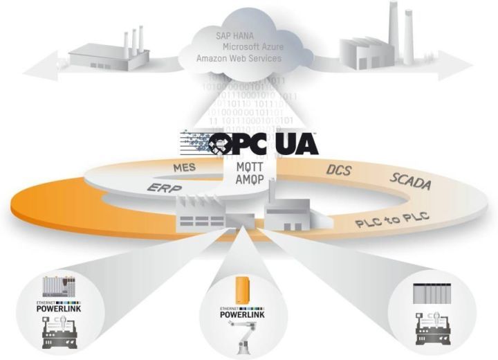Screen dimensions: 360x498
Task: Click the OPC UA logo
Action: click(x=263, y=143)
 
